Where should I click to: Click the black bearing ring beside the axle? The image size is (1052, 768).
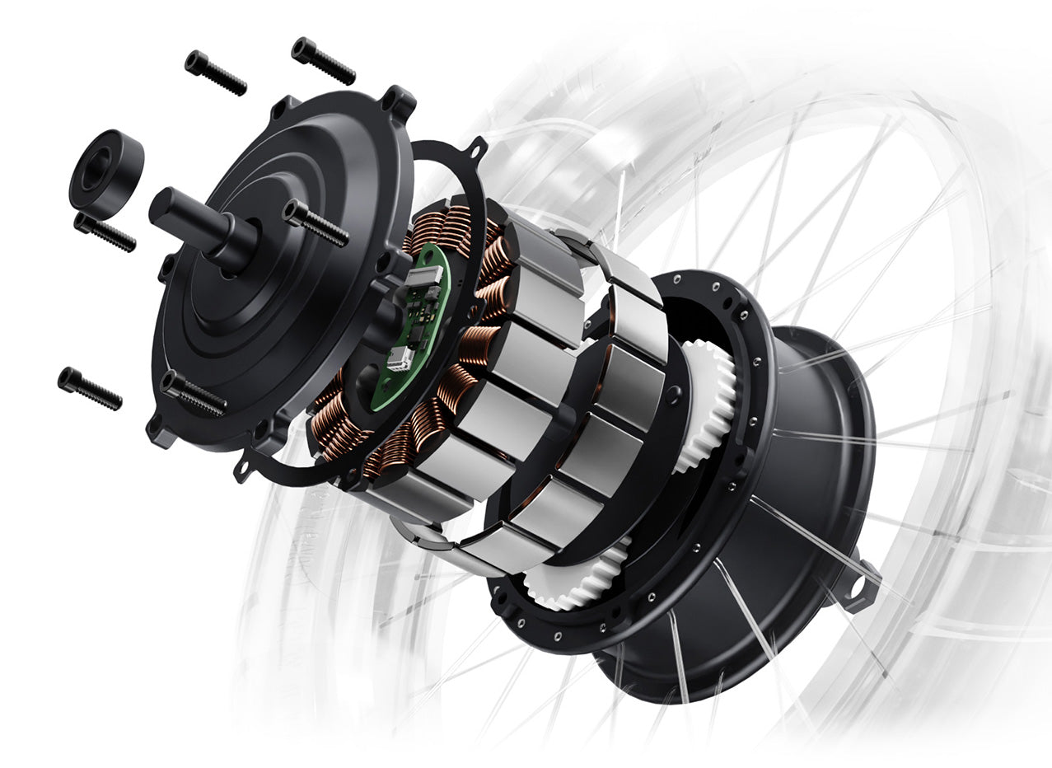[x=105, y=171]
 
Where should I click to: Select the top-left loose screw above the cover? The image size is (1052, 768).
[x=214, y=73]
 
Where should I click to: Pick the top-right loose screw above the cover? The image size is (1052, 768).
[x=322, y=60]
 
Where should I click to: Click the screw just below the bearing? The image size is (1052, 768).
[x=104, y=232]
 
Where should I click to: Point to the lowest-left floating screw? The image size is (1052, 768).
[x=89, y=388]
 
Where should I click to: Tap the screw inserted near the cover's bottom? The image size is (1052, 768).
[x=193, y=393]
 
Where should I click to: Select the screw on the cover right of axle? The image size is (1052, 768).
[x=315, y=222]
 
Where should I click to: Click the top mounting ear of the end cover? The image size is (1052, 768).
[x=399, y=101]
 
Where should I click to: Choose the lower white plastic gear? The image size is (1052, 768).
[x=577, y=577]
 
